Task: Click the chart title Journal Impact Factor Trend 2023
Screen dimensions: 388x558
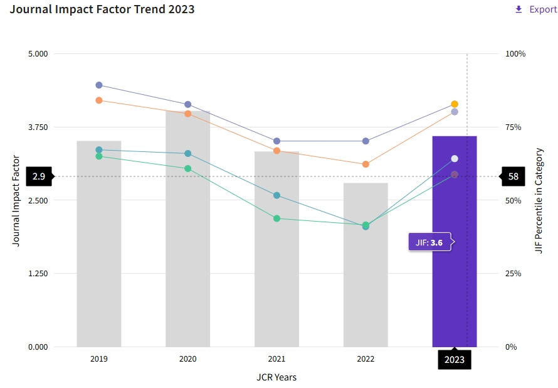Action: point(102,9)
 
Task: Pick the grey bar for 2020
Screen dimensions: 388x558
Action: point(187,251)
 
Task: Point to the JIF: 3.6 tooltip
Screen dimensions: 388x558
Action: point(430,242)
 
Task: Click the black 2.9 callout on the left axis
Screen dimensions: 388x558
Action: point(39,176)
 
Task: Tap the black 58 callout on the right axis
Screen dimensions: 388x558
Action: point(513,176)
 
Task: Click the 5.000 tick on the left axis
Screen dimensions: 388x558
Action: point(38,54)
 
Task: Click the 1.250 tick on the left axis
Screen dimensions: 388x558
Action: point(38,274)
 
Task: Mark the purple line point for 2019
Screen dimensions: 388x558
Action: point(99,85)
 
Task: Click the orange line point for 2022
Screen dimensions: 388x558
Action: point(366,164)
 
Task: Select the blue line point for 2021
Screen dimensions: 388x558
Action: point(276,195)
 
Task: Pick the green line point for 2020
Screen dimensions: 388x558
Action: point(187,168)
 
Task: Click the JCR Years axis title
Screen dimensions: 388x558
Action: point(276,377)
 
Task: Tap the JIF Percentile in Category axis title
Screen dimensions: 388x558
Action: point(539,200)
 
